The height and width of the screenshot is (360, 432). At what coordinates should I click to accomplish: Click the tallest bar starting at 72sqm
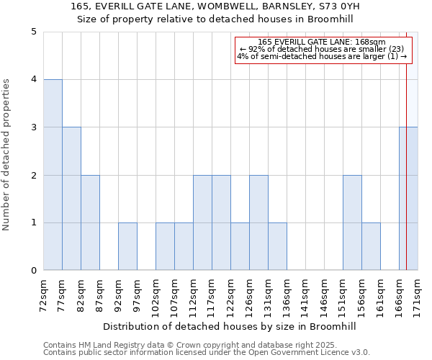click(53, 175)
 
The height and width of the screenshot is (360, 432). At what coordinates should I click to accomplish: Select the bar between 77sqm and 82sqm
click(71, 199)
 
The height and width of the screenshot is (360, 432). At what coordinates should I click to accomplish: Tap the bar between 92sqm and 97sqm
click(127, 246)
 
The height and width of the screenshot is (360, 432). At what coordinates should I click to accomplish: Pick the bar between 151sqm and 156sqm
click(352, 222)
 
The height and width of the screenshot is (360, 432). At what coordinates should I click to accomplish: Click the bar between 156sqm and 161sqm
click(371, 246)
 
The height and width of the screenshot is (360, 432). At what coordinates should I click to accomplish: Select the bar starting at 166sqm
click(408, 199)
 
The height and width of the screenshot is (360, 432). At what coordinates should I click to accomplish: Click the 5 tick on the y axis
click(33, 32)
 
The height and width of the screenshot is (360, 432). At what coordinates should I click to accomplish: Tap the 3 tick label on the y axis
click(33, 127)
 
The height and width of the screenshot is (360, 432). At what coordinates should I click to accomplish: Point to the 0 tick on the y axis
click(33, 271)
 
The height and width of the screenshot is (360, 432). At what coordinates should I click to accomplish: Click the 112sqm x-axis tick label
click(194, 295)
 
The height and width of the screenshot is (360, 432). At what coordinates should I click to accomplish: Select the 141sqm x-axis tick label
click(306, 295)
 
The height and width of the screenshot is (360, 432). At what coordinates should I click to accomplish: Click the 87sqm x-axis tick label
click(100, 295)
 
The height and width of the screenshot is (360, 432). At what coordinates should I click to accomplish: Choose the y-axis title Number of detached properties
click(7, 155)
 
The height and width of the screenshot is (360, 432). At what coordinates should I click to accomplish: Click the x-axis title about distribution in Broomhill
click(230, 326)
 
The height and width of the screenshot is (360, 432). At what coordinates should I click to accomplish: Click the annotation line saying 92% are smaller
click(323, 49)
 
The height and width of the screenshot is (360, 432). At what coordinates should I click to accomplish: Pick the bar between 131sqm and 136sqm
click(277, 246)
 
